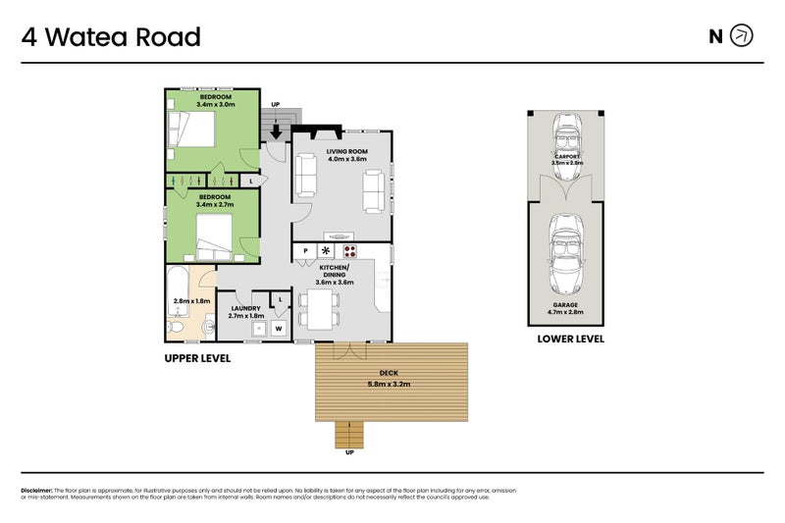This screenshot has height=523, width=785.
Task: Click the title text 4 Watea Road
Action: click(111, 37)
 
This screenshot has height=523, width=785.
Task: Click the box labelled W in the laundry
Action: click(279, 328)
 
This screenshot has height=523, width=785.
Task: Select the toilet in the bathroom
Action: click(176, 326)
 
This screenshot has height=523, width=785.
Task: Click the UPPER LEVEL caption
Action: click(197, 359)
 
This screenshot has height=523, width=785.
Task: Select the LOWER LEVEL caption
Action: click(570, 339)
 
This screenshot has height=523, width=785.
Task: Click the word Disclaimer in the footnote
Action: click(36, 490)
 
